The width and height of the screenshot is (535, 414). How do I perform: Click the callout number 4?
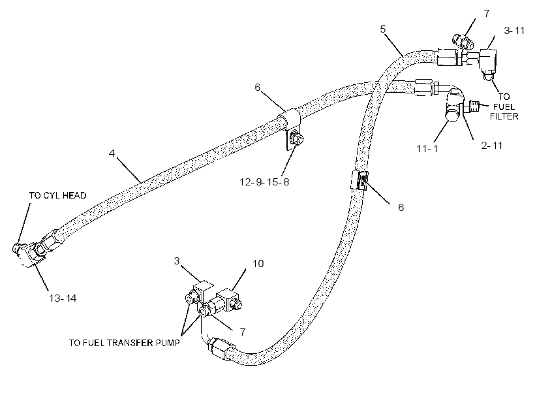point(112,153)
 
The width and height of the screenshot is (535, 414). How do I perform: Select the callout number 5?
point(383,29)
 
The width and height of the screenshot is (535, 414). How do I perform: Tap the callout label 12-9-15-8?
point(264,182)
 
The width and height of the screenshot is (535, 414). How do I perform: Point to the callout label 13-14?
point(63,298)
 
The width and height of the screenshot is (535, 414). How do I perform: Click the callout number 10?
point(258,264)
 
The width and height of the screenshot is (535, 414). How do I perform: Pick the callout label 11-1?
point(427,149)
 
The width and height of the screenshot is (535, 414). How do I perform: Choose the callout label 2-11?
point(492,146)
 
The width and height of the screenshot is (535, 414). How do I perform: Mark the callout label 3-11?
point(514,31)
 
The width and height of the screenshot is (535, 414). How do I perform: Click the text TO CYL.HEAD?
point(57,195)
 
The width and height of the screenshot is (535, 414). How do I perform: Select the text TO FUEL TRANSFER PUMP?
point(124,343)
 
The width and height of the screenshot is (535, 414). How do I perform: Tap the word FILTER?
point(504,116)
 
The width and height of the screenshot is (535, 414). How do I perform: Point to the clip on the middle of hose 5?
point(359,180)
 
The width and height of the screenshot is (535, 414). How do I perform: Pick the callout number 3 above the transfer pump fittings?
point(176,261)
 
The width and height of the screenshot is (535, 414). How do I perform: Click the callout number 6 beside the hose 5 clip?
point(401,208)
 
